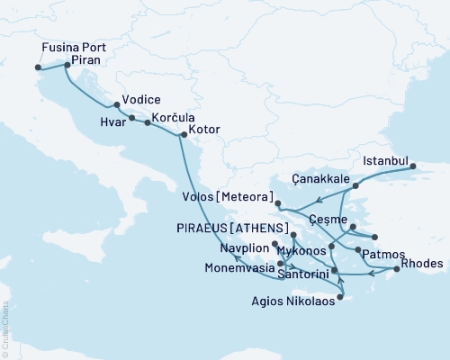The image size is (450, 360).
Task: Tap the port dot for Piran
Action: click(x=67, y=65)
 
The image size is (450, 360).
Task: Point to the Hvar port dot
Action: click(x=131, y=118)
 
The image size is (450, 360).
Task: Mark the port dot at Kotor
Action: click(x=183, y=136)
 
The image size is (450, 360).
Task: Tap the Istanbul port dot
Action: click(x=413, y=166)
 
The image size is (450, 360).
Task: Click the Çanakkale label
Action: click(x=321, y=178)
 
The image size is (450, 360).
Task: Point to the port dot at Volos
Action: click(x=278, y=203)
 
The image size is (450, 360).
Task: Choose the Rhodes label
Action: click(x=423, y=263)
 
